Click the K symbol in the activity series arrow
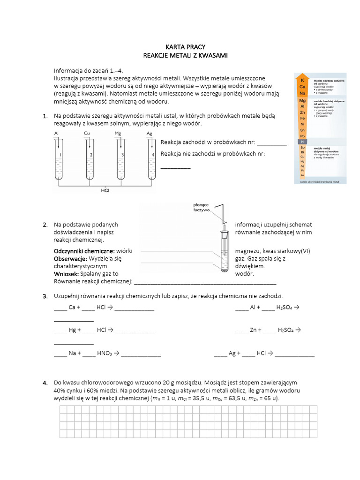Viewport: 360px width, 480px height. click(302, 81)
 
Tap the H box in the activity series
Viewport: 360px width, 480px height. click(302, 142)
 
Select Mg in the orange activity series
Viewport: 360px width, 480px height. click(302, 100)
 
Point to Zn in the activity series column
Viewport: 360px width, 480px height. click(302, 112)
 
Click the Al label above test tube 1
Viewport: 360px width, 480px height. click(57, 134)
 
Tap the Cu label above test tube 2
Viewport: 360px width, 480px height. click(87, 134)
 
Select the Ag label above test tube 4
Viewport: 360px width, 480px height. click(149, 134)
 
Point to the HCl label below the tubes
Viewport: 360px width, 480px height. click(105, 190)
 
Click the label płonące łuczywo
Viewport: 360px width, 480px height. click(201, 207)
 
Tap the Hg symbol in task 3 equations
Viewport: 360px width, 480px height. click(72, 330)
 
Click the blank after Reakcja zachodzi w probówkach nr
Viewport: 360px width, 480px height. click(271, 142)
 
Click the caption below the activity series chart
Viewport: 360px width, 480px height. click(320, 180)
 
